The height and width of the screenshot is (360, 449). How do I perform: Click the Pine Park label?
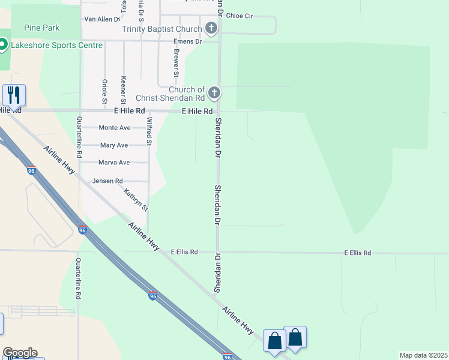(x=42, y=28)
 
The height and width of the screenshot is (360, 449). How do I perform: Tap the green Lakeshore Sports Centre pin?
(x=2, y=44)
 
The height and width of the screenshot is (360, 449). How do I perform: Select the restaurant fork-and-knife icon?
(x=13, y=95)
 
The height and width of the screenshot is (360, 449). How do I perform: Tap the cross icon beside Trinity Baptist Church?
(x=211, y=28)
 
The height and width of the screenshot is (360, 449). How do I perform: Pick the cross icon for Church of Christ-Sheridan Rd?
(x=214, y=93)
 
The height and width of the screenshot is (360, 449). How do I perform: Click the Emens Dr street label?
(x=187, y=41)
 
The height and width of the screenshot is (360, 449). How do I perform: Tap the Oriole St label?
(x=104, y=90)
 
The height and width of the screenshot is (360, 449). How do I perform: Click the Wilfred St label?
(x=149, y=131)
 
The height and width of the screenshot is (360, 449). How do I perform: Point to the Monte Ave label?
(x=115, y=128)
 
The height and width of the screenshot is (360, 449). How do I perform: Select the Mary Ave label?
(x=114, y=145)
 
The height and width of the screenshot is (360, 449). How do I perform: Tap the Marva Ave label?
(x=114, y=163)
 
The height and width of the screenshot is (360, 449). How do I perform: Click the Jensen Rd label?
(x=107, y=181)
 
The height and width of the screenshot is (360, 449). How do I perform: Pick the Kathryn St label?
(x=136, y=200)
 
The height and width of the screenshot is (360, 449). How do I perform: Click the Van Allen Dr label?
(x=102, y=19)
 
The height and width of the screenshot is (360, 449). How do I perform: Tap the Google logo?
(x=19, y=353)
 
